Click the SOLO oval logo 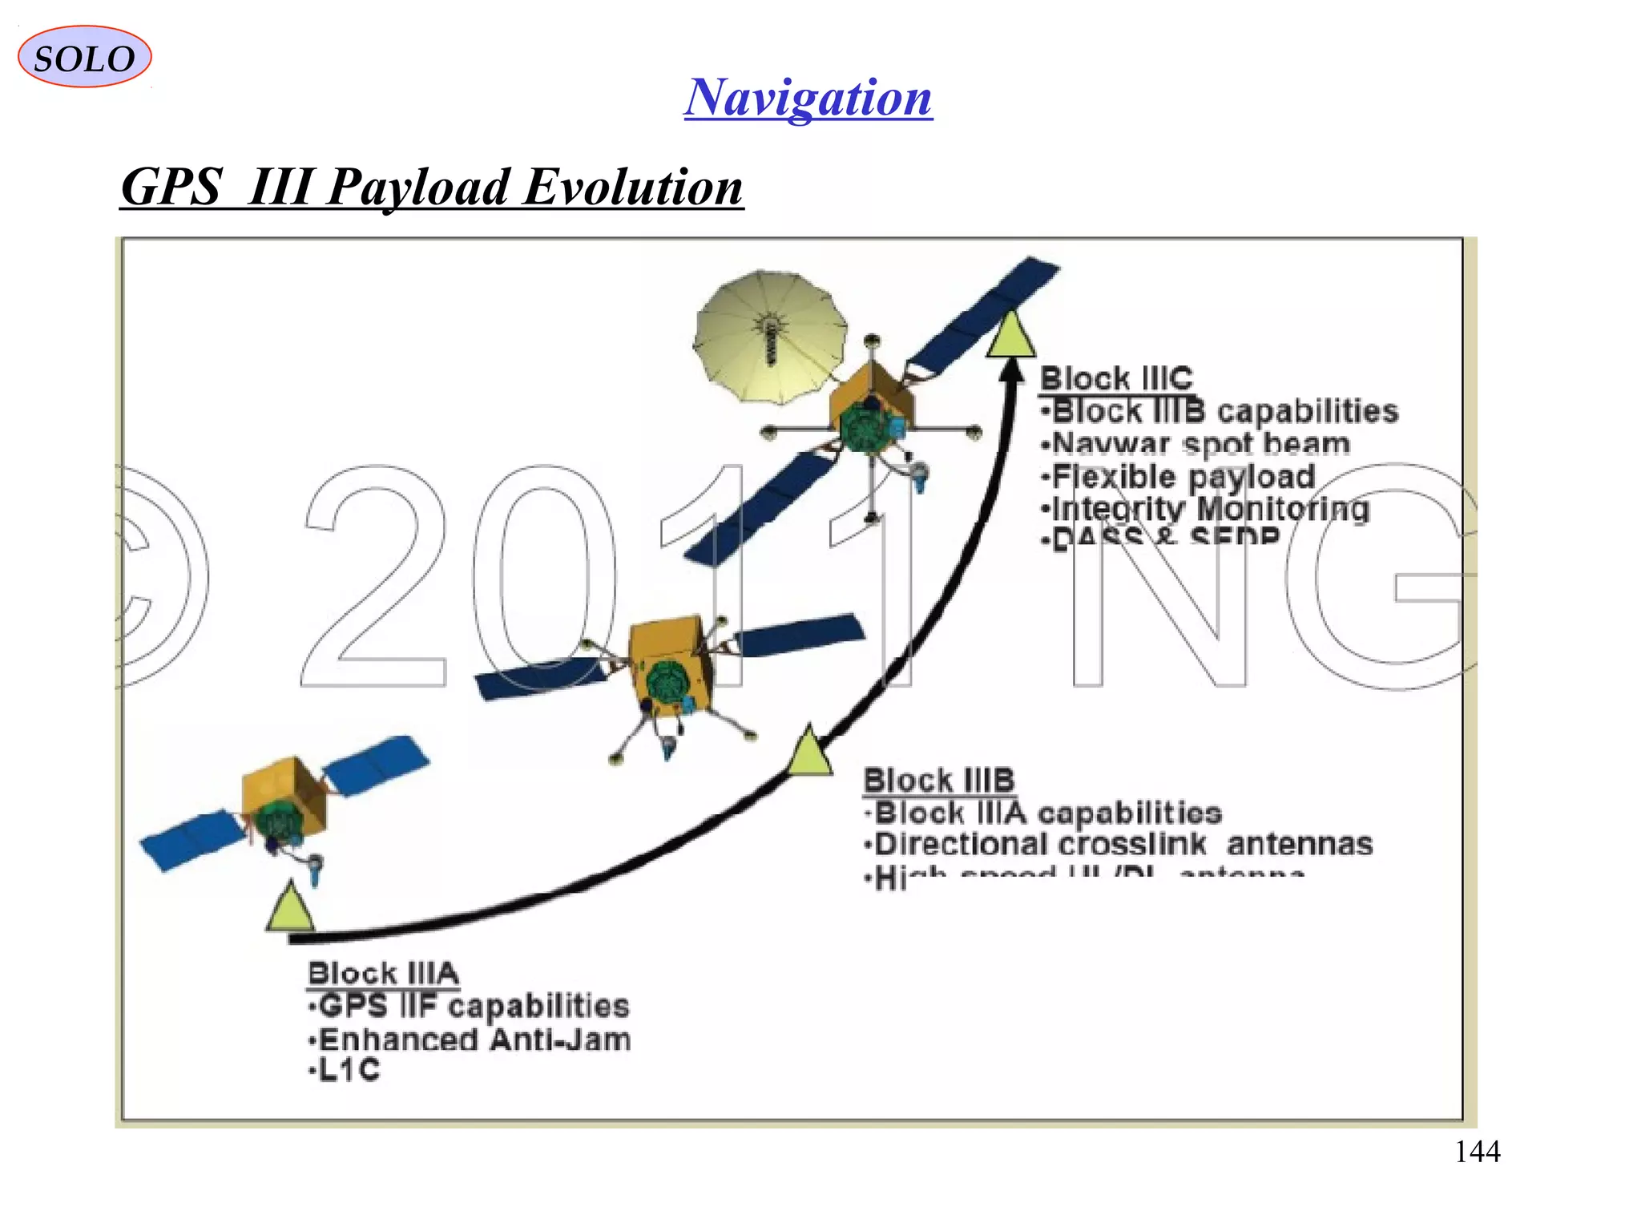tap(84, 57)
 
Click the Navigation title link tap(808, 98)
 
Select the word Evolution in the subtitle tap(633, 188)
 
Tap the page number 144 tap(1477, 1152)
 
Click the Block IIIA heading tap(383, 974)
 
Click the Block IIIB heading tap(939, 780)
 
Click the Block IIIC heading tap(1115, 378)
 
